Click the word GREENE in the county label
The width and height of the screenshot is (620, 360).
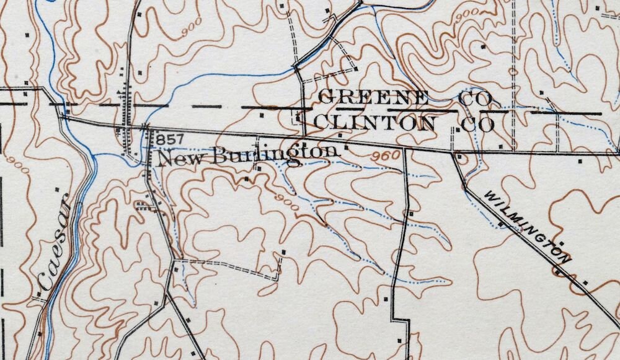pyautogui.click(x=373, y=98)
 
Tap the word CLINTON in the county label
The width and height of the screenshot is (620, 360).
pyautogui.click(x=374, y=123)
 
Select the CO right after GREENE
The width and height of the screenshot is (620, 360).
pyautogui.click(x=476, y=99)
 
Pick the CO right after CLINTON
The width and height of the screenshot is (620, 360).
pyautogui.click(x=477, y=124)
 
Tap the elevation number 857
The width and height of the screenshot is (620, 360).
pyautogui.click(x=167, y=137)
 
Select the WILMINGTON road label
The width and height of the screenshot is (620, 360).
pyautogui.click(x=527, y=227)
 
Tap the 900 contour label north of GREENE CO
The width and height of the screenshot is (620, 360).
pyautogui.click(x=466, y=15)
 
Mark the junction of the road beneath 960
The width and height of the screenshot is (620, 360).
pyautogui.click(x=404, y=149)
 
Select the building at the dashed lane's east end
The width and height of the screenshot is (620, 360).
pyautogui.click(x=283, y=252)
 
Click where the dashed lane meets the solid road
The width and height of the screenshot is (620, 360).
pyautogui.click(x=175, y=261)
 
